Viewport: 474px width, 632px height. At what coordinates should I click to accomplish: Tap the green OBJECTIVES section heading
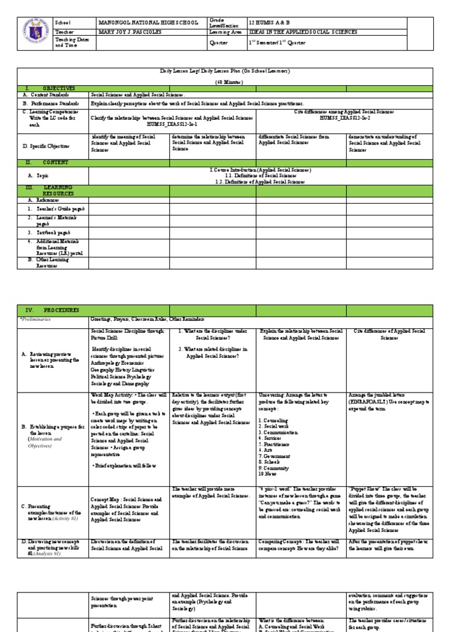coord(59,89)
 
